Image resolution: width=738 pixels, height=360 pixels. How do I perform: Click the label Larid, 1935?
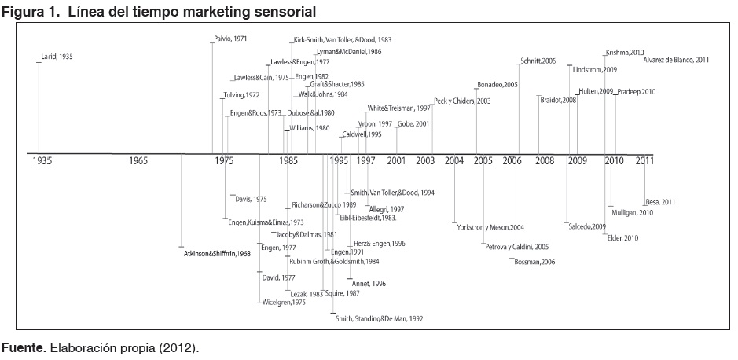[57, 57]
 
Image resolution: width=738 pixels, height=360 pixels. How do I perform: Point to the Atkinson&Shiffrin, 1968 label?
[217, 253]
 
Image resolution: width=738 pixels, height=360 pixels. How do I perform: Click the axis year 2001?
[396, 161]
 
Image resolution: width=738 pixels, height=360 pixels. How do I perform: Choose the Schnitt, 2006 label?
[538, 61]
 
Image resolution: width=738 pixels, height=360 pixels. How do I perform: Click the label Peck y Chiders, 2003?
[462, 101]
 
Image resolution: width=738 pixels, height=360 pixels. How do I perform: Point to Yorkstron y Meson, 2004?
[490, 227]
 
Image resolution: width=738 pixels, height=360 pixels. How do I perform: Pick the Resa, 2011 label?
[659, 202]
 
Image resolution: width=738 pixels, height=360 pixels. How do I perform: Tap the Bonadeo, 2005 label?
[498, 84]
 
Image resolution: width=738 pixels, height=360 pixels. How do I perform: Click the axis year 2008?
[544, 161]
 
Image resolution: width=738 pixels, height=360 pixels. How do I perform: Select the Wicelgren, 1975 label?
[283, 303]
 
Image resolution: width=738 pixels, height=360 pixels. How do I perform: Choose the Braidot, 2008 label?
[559, 100]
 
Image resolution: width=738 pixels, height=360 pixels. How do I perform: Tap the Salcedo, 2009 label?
[587, 226]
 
